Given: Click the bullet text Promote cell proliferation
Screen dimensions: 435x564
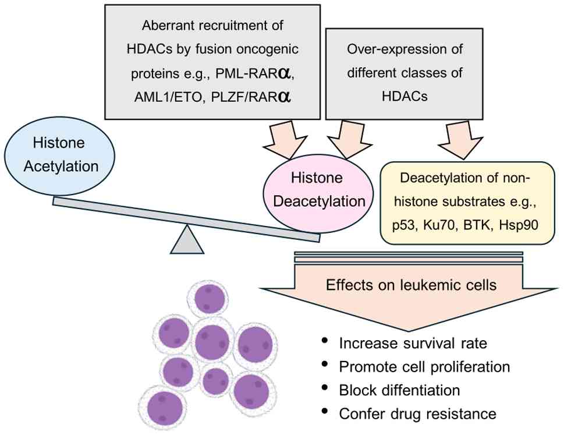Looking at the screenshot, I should click(x=424, y=367).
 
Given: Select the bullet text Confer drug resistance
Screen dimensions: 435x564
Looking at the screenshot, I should click(x=417, y=414).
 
